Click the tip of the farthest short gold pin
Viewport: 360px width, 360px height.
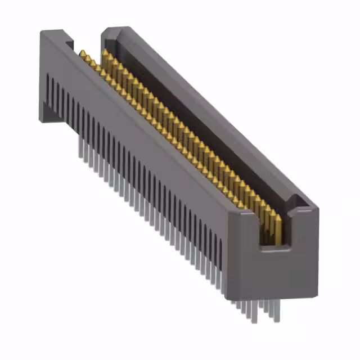83,53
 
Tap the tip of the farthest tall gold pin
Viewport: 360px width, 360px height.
105,51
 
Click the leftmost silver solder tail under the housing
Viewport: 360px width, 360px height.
78,147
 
